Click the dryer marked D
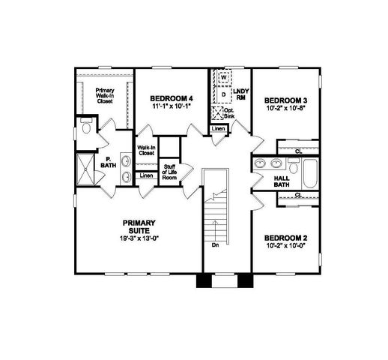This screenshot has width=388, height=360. tap(222, 95)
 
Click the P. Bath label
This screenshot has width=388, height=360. tap(108, 163)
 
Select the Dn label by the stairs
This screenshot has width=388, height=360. tap(215, 244)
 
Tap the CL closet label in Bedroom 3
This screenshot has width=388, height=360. tap(298, 151)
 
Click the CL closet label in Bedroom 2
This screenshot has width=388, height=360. tap(298, 195)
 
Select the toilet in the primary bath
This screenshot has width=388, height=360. tap(85, 129)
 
